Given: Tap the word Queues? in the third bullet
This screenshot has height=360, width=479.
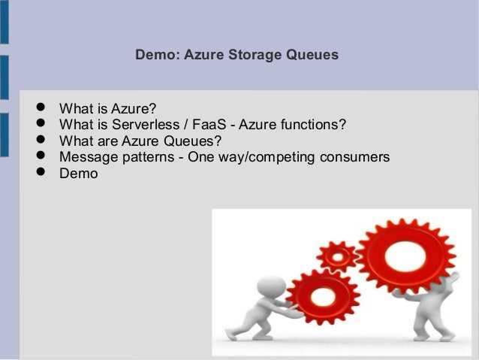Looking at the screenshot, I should pyautogui.click(x=194, y=140).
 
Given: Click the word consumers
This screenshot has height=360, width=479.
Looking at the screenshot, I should pyautogui.click(x=356, y=157).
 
